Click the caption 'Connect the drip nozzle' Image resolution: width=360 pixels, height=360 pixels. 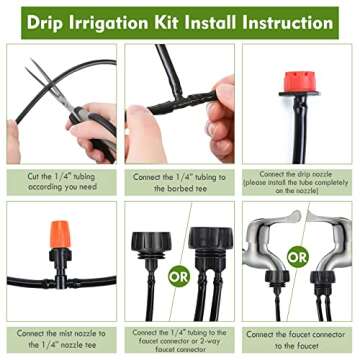pyautogui.click(x=298, y=181)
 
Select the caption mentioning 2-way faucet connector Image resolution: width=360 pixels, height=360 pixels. pyautogui.click(x=180, y=340)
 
